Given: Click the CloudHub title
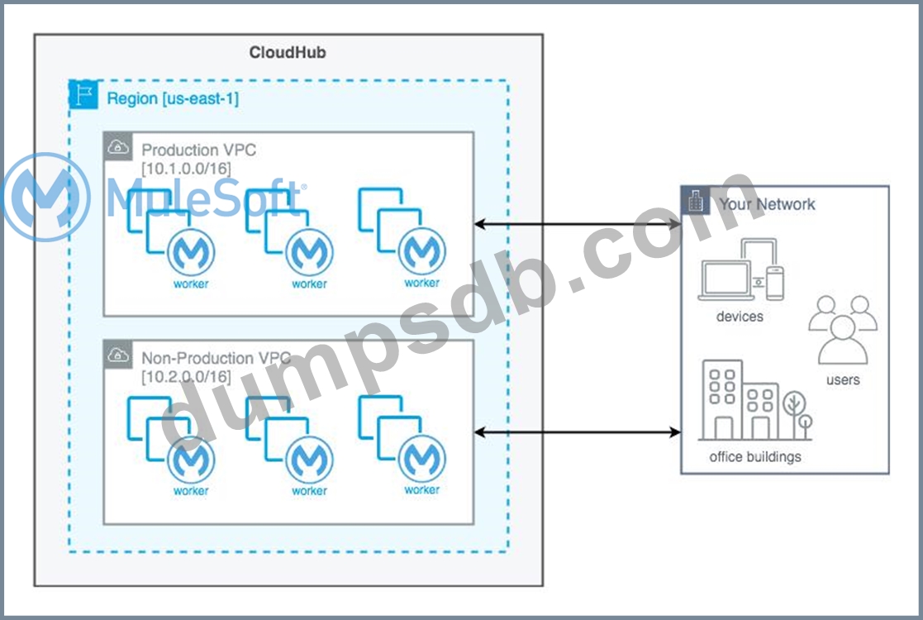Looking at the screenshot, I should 288,53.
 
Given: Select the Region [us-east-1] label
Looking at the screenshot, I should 173,98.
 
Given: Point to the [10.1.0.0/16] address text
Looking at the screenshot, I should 186,169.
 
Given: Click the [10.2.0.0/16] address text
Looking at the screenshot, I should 186,377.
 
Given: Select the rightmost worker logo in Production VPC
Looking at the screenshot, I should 421,251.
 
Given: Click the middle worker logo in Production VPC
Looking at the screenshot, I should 309,253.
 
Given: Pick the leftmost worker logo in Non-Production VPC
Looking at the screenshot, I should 191,460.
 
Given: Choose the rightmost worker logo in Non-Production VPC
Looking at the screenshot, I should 421,459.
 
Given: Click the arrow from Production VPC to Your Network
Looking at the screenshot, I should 577,224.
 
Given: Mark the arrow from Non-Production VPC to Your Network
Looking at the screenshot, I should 577,432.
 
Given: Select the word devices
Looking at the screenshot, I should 740,316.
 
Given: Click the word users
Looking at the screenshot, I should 843,379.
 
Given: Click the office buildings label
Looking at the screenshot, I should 754,456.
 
